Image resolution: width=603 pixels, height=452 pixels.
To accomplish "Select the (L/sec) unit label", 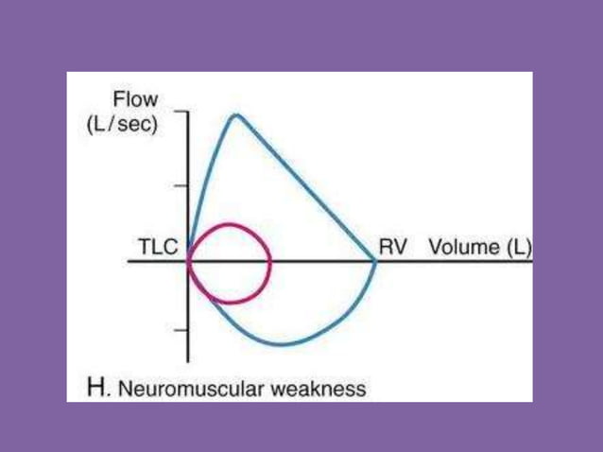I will click(x=129, y=125).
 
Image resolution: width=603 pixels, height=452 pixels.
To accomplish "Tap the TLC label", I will click(x=154, y=248).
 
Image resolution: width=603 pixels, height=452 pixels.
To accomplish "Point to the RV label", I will click(x=392, y=247).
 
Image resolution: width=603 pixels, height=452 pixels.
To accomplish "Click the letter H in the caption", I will click(x=94, y=388).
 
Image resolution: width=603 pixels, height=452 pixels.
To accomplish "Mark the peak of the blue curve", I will click(x=235, y=115).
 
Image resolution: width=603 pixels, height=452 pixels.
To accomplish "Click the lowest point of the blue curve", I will click(x=282, y=344).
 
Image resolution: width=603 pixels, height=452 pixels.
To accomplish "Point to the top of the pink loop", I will click(x=228, y=224).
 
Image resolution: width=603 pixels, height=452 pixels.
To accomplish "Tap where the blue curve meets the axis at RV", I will click(x=376, y=261).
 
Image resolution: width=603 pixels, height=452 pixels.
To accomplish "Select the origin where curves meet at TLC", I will click(x=189, y=261).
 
